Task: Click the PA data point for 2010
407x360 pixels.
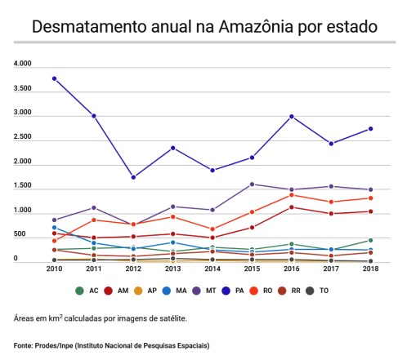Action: [54, 78]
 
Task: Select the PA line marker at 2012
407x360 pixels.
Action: [133, 177]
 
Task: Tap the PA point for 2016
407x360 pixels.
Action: [292, 117]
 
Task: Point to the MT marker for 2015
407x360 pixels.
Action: [252, 184]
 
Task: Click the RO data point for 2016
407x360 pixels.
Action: [292, 195]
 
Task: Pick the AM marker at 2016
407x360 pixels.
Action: [292, 207]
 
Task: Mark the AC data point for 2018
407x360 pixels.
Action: [371, 241]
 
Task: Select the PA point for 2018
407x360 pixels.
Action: [371, 129]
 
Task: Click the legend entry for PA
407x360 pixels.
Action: [235, 290]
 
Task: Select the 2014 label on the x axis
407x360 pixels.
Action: [212, 269]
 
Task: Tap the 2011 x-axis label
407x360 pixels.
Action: [93, 269]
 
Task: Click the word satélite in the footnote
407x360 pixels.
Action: [169, 318]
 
